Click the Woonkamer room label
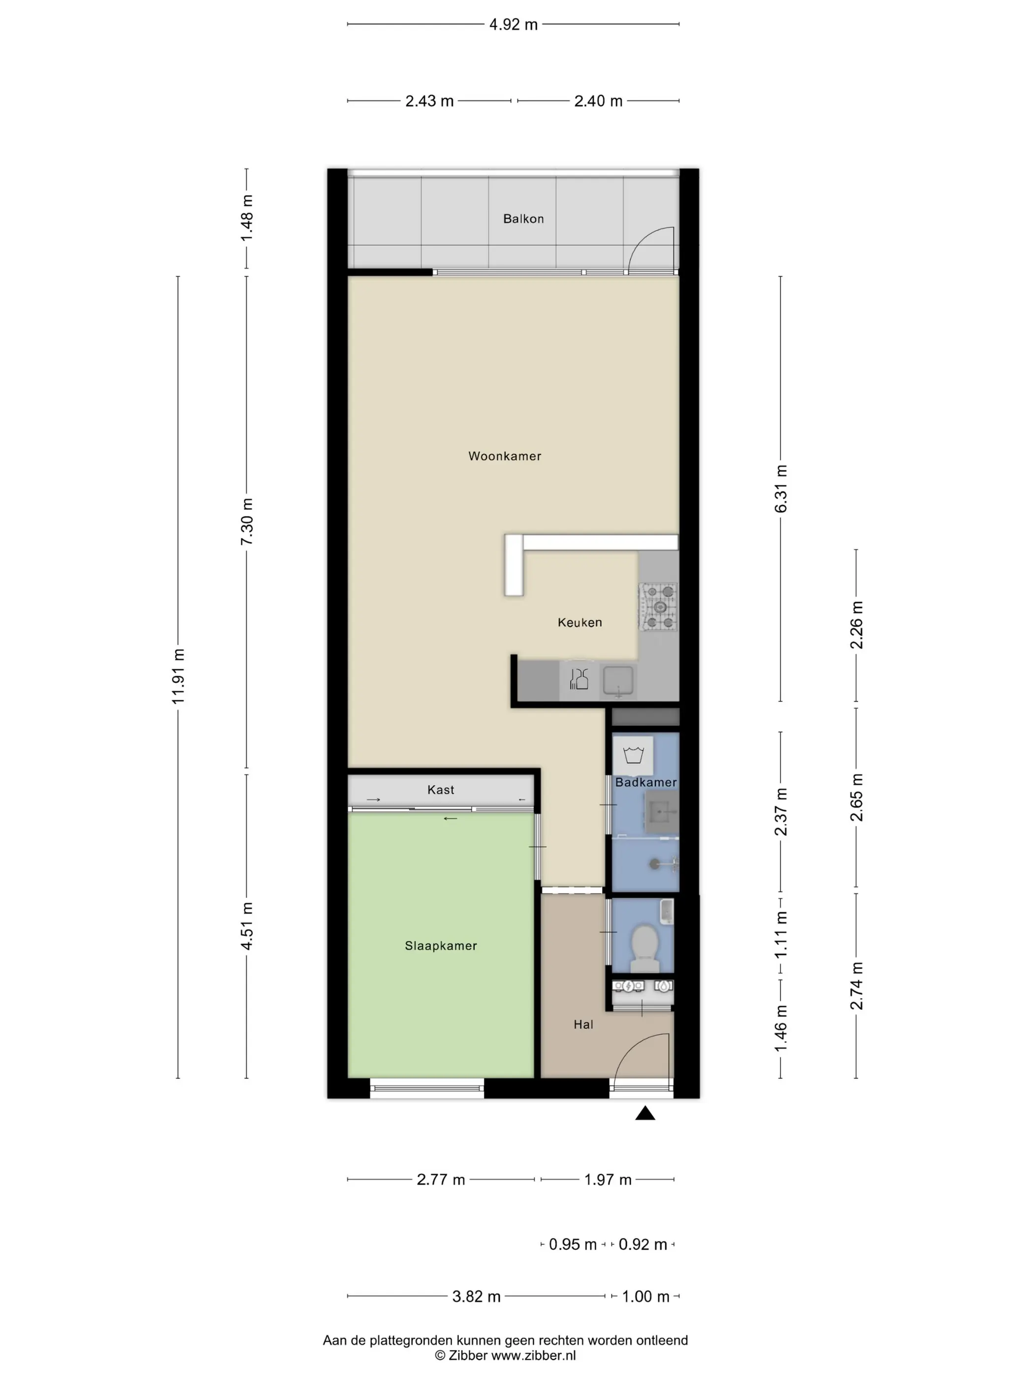point(504,456)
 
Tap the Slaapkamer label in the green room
point(441,946)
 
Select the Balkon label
point(523,219)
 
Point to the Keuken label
point(580,623)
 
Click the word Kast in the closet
point(441,790)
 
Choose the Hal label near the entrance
point(583,1024)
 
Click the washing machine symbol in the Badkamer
point(633,755)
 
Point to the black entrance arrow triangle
point(645,1113)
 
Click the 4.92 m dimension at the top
point(513,25)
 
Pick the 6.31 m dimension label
point(780,489)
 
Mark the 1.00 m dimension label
point(646,1296)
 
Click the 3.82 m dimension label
point(476,1296)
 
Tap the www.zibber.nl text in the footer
point(534,1355)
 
